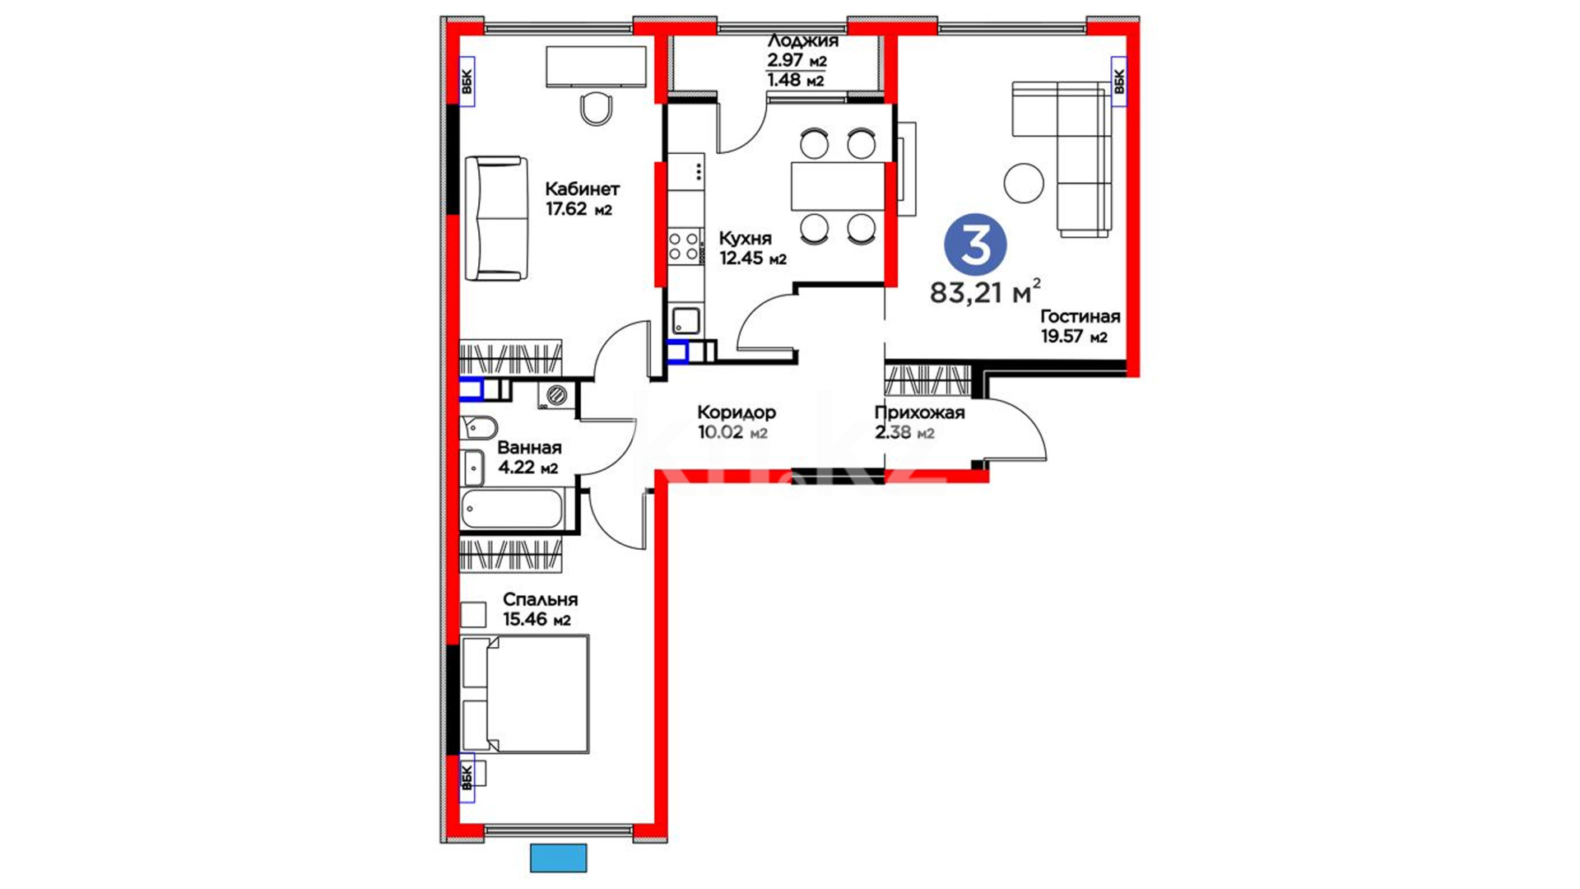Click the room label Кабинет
coord(582,189)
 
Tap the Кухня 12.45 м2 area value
coord(753,258)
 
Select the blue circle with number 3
coord(975,244)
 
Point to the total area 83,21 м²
coord(985,291)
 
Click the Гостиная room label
coord(1080,317)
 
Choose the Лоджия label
coord(802,41)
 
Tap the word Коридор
coord(736,412)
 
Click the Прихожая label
coord(919,412)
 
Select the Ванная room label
coord(529,448)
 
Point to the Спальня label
coord(540,600)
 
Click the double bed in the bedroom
coord(525,694)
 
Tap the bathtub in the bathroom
coord(513,509)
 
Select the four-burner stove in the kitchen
coord(685,247)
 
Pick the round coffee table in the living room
coord(1024,183)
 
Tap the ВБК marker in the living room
coord(1118,81)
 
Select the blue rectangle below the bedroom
coord(558,859)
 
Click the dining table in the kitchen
coord(838,187)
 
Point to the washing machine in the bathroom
coord(556,395)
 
